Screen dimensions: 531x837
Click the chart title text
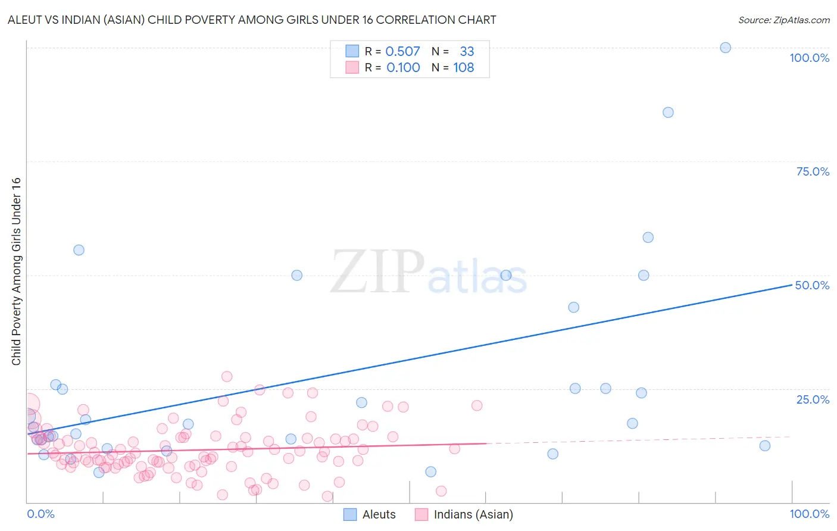pyautogui.click(x=252, y=20)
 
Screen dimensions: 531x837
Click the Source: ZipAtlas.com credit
pyautogui.click(x=783, y=20)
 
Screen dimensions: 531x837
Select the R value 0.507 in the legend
pyautogui.click(x=402, y=52)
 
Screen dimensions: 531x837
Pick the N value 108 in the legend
pyautogui.click(x=463, y=68)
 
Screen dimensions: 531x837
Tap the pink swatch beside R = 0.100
pyautogui.click(x=352, y=68)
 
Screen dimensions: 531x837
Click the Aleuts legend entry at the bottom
pyautogui.click(x=370, y=514)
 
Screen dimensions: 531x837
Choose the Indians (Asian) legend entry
pyautogui.click(x=464, y=514)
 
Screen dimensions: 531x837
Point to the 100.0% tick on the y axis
pyautogui.click(x=809, y=58)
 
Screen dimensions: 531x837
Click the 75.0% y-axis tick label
pyautogui.click(x=813, y=171)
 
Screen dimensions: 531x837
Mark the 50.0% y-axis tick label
pyautogui.click(x=812, y=285)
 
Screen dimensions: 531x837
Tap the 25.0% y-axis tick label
pyautogui.click(x=813, y=399)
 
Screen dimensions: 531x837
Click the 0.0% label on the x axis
pyautogui.click(x=40, y=514)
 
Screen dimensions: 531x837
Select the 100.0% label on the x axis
pyautogui.click(x=809, y=514)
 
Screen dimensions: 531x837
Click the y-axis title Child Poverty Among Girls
pyautogui.click(x=16, y=271)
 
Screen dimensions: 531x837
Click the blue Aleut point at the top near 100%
pyautogui.click(x=725, y=48)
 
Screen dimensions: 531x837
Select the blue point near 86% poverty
pyautogui.click(x=668, y=113)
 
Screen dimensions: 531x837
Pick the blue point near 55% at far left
pyautogui.click(x=79, y=250)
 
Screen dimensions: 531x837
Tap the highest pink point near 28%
pyautogui.click(x=227, y=377)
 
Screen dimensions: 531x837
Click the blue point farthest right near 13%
pyautogui.click(x=765, y=446)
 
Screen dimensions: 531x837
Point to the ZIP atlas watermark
pyautogui.click(x=429, y=273)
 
